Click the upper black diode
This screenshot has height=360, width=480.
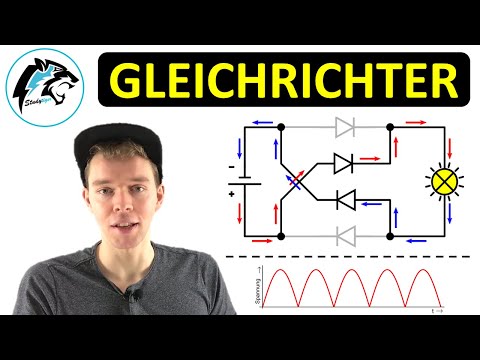343,162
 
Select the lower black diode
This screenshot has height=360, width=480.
343,200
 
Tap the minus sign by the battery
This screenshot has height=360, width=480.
230,167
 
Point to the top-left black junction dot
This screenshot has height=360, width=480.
281,127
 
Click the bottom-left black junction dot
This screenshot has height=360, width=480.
281,236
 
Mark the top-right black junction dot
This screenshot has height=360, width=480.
389,127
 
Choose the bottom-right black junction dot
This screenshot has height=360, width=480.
389,236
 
